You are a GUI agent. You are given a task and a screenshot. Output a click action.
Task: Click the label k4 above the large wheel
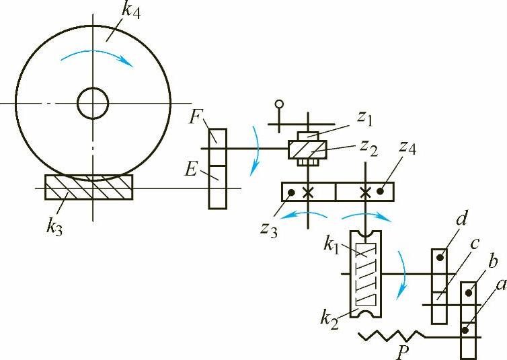[130, 12]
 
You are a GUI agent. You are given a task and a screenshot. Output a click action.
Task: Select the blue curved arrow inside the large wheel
[97, 57]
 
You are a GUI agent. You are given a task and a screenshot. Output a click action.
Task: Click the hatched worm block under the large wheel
[89, 187]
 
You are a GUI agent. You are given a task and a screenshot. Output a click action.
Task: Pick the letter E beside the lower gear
[190, 169]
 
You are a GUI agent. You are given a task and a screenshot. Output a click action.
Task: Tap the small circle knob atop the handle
[279, 104]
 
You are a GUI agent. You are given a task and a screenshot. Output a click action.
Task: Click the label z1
[365, 118]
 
